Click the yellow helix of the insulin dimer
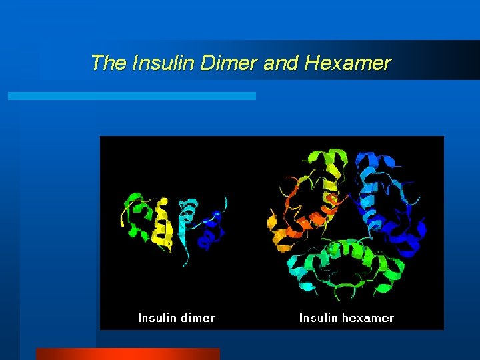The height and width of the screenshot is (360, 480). tap(162, 227)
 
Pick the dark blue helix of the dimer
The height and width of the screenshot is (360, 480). tap(211, 230)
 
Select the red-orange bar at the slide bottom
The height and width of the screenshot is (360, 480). tap(127, 353)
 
